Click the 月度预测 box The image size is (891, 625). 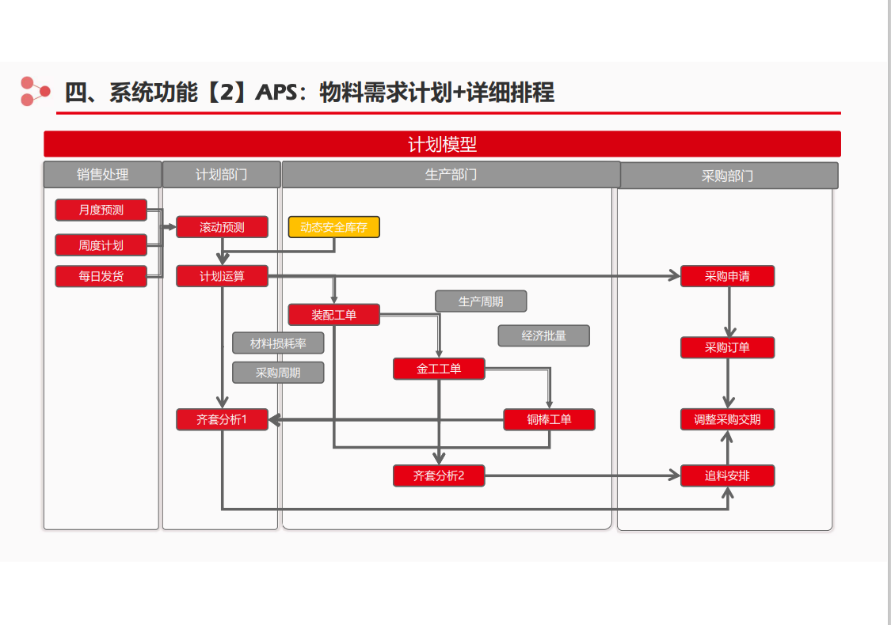point(101,210)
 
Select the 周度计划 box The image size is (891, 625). point(101,245)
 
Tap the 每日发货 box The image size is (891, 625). point(101,276)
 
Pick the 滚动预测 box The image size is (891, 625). point(223,227)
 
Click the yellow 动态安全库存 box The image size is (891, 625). point(334,227)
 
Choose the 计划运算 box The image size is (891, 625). point(223,276)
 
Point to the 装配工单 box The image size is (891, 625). point(334,315)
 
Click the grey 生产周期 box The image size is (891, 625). point(481,301)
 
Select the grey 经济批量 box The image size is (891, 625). point(544,335)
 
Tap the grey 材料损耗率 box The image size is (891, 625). point(279,343)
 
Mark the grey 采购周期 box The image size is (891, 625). point(279,373)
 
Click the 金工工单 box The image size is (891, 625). point(440,369)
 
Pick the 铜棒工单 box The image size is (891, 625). point(550,419)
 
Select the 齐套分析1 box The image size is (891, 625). point(223,419)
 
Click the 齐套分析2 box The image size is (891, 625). point(440,475)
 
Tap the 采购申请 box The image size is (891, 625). point(727,276)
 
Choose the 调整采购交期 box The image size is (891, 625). point(727,419)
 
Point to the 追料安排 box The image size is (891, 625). point(727,475)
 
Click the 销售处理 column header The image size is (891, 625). point(103,174)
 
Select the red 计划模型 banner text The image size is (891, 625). point(442,144)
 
